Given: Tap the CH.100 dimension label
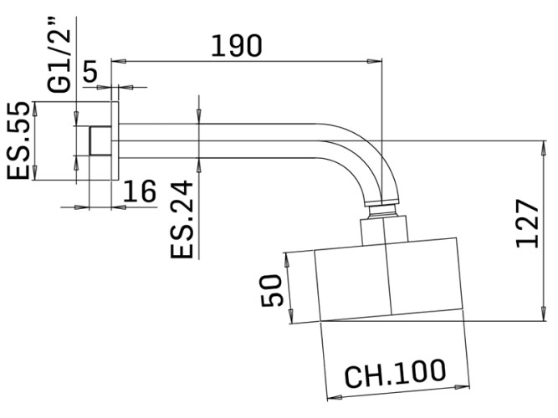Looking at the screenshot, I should coord(394,370).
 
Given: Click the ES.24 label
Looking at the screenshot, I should coord(185,219).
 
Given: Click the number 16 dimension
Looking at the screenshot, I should coord(139,191).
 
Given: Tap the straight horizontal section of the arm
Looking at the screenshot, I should coord(226,140).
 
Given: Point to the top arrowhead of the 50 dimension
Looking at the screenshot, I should coord(289,257).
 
